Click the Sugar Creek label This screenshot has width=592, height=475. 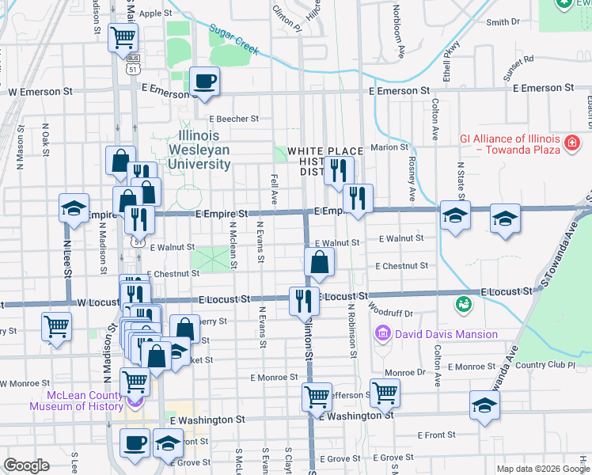coord(234,40)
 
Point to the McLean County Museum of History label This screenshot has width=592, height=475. coord(77,401)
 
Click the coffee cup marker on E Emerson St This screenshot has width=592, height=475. coord(205,82)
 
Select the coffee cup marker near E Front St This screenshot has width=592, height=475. coord(135,443)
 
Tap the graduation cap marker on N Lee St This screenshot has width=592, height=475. coord(74,210)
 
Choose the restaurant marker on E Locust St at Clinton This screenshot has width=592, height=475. coord(303,301)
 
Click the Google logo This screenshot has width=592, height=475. coord(26,466)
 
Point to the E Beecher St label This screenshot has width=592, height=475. coord(233,119)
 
